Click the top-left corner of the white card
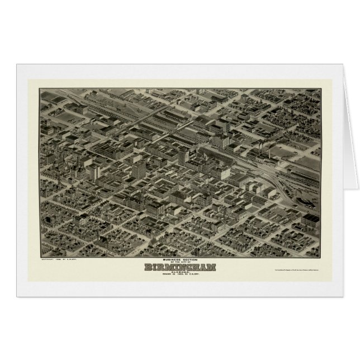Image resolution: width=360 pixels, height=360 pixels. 17,64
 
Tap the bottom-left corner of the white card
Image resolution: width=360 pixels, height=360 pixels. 17,296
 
